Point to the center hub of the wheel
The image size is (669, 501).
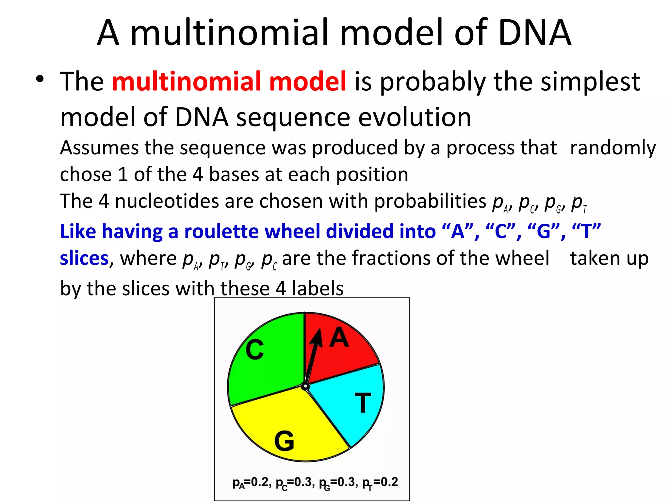click(305, 386)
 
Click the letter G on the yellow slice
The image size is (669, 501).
click(284, 441)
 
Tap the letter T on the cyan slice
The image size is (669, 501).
click(363, 403)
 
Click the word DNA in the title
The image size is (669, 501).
click(535, 33)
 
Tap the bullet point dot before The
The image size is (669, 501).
click(40, 79)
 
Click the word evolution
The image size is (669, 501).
click(415, 117)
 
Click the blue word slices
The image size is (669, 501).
click(84, 259)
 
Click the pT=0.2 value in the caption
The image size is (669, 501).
click(380, 482)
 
